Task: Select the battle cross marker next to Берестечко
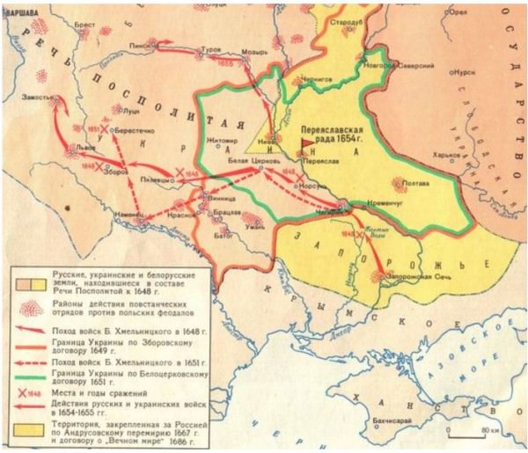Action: pos(104,128)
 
